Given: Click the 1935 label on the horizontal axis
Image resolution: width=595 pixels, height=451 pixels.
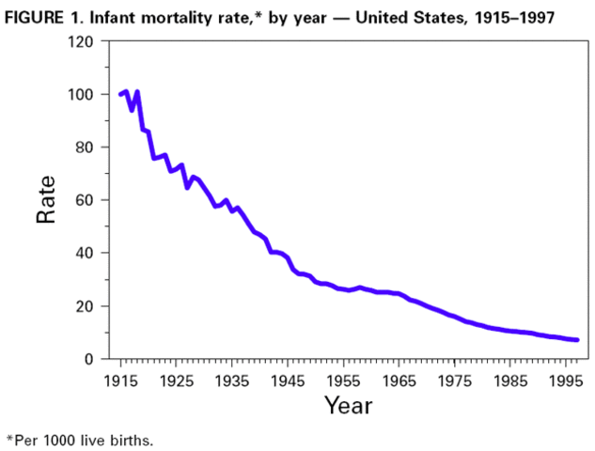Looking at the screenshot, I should click(231, 381).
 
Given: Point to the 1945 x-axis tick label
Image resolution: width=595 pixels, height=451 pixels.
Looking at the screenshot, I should click(288, 381).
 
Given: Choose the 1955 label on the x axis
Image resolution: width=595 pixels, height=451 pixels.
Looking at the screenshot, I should click(343, 381).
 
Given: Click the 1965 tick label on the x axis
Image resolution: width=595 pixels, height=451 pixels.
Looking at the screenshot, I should click(399, 381).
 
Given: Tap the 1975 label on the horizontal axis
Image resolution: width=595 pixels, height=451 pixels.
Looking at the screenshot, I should click(455, 381).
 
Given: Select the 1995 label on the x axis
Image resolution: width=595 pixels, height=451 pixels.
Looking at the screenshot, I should click(566, 381).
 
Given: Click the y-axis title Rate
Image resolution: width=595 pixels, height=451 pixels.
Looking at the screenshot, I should click(46, 200).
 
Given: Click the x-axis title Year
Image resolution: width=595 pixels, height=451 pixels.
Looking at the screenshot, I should click(348, 406).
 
